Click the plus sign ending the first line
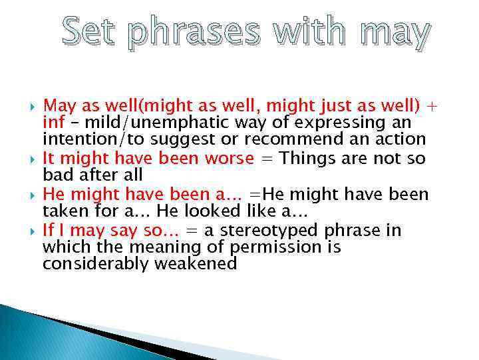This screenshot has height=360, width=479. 432,107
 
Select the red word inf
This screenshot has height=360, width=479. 53,123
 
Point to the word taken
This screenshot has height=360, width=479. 62,211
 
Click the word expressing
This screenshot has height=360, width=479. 341,123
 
